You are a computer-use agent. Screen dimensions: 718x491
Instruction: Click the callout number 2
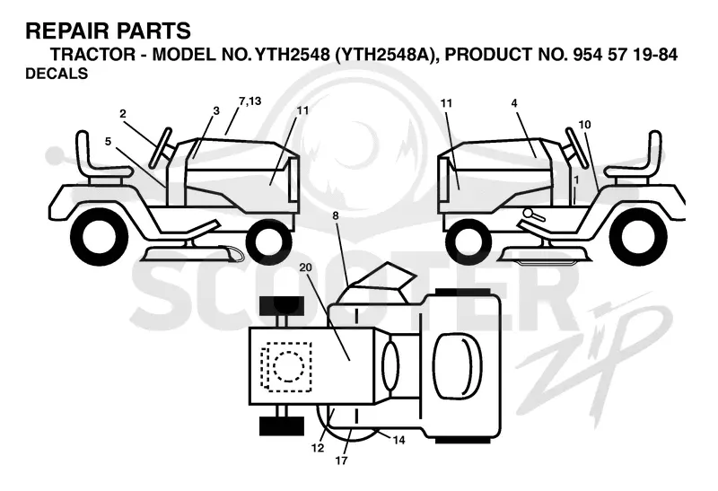click(x=123, y=114)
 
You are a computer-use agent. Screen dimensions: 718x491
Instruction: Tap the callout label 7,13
click(x=250, y=101)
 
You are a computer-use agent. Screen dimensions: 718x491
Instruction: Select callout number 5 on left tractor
click(x=108, y=142)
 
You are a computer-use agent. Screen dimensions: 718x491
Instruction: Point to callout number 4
click(x=514, y=103)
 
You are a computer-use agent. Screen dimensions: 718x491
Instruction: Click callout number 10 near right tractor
click(x=585, y=124)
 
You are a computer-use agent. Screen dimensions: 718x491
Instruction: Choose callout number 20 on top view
click(x=305, y=267)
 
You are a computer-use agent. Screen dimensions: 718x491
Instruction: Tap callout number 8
click(x=336, y=215)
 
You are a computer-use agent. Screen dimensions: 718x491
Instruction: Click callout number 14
click(x=398, y=440)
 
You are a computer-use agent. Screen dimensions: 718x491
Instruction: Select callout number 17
click(x=341, y=460)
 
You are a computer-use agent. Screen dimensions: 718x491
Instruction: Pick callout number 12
click(x=318, y=448)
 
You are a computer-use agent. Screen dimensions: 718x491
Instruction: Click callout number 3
click(x=216, y=110)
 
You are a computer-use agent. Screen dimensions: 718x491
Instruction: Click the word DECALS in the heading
click(x=57, y=74)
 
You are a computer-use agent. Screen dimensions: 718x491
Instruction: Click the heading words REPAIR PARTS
click(x=108, y=31)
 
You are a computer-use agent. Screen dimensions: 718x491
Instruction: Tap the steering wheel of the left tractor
click(x=161, y=146)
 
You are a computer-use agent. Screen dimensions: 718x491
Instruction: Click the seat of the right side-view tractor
click(x=635, y=158)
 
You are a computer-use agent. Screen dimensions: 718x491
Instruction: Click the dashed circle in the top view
click(x=288, y=366)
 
